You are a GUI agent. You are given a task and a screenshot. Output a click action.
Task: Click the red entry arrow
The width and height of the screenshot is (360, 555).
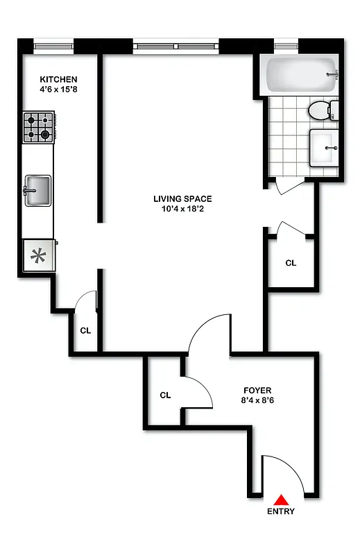281,499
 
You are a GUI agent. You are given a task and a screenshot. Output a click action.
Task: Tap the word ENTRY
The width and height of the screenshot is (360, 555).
280,512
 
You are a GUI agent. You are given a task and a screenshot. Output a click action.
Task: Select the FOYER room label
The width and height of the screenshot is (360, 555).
257,390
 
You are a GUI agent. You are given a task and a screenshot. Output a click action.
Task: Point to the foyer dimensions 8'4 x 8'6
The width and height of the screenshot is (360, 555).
257,400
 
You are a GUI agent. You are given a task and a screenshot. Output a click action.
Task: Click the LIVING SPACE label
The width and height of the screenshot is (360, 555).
182,199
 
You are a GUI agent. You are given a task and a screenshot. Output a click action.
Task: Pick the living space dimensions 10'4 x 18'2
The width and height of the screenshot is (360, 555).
182,210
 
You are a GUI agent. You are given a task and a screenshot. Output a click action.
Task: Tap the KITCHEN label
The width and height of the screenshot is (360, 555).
58,80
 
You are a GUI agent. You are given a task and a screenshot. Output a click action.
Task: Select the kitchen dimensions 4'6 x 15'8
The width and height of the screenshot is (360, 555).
58,89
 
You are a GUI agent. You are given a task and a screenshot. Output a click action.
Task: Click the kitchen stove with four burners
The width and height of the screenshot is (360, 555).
39,127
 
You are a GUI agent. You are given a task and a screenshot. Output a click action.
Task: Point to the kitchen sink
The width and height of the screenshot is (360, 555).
38,190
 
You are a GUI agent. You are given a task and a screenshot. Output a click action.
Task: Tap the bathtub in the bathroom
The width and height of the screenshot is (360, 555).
300,74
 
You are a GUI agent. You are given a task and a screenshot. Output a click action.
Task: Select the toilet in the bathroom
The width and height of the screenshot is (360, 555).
321,109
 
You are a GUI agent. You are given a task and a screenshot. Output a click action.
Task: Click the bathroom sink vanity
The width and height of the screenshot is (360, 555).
324,148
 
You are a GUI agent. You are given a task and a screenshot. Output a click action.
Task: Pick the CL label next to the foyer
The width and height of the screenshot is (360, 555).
165,395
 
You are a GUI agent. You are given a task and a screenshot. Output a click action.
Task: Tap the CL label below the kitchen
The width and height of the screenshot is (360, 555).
85,331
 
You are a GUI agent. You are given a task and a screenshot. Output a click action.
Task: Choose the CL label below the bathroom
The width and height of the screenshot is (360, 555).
291,263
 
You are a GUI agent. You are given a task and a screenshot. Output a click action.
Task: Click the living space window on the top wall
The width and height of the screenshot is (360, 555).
176,46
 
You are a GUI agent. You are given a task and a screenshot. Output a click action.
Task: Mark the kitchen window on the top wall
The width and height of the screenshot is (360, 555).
53,46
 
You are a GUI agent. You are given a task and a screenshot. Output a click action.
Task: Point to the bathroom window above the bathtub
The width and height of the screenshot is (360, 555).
285,46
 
